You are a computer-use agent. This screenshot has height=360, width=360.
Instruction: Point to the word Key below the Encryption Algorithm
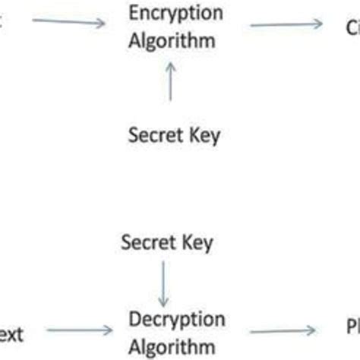(x=201, y=137)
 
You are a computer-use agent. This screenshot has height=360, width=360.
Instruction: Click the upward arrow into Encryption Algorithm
(x=169, y=84)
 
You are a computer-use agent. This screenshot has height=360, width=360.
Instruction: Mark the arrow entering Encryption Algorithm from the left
(x=68, y=22)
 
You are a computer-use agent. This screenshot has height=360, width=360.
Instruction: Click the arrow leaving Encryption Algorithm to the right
(x=286, y=25)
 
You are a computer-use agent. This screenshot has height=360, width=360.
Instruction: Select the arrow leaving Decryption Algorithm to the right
(x=283, y=330)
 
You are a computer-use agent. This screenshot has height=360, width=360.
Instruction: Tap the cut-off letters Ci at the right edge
(x=351, y=27)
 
